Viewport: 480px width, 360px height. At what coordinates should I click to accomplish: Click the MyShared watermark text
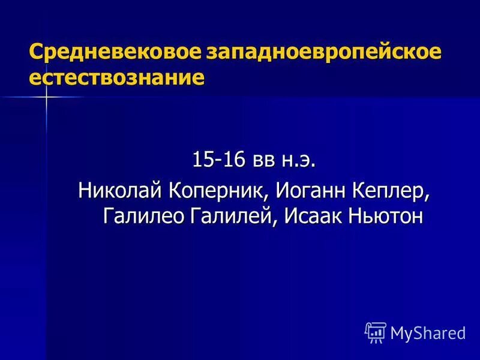click(427, 332)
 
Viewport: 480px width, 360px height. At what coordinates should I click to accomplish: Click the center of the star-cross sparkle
click(46, 97)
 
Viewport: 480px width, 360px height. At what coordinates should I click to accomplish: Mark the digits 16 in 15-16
click(224, 160)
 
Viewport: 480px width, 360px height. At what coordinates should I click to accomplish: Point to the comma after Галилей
click(275, 222)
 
